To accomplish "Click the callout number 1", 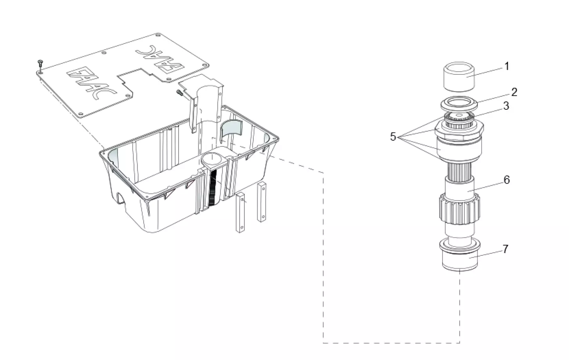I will [506, 66].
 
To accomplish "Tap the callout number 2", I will [514, 92].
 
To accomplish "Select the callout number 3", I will [506, 106].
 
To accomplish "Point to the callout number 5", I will [393, 137].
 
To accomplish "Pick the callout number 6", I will [507, 180].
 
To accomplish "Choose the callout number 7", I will [506, 249].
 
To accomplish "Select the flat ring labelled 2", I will [460, 105].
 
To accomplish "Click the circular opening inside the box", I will [212, 158].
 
